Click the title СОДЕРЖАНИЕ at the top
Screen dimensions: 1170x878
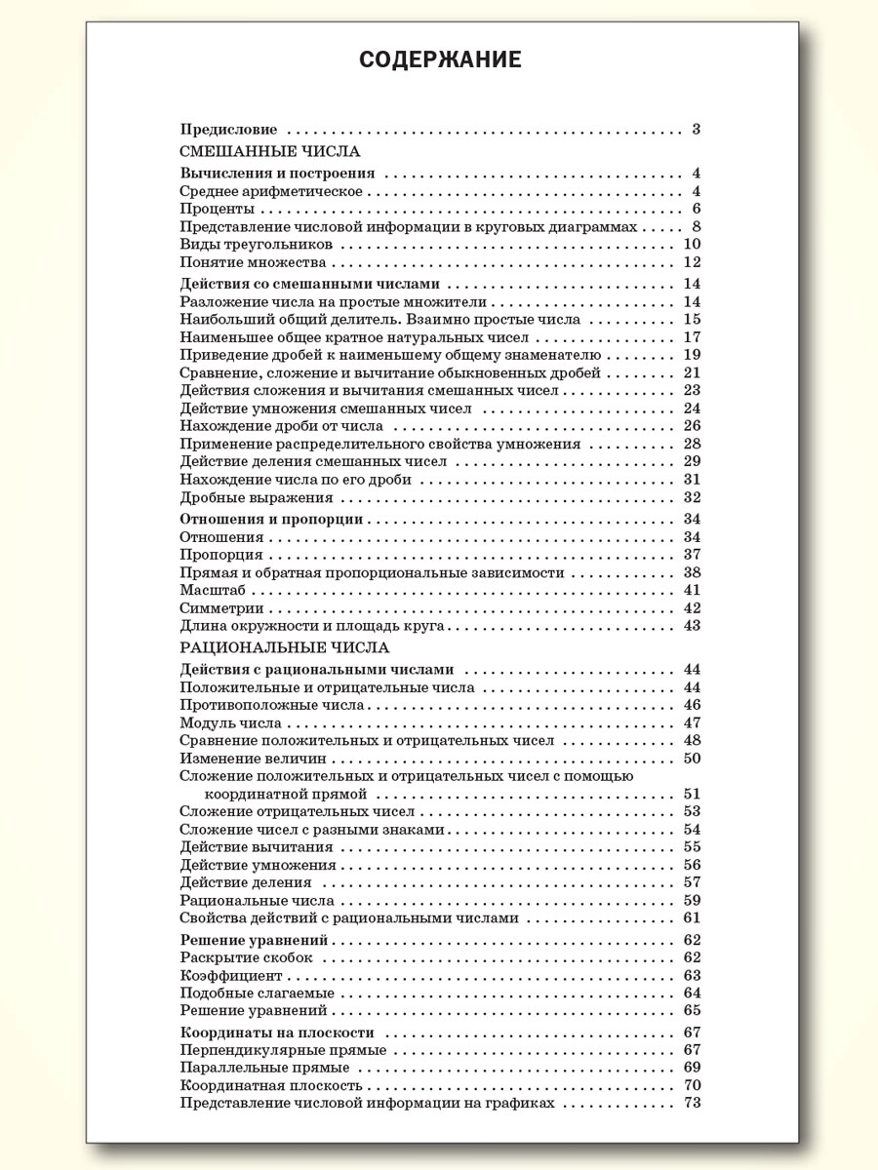439,60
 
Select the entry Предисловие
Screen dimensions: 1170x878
229,129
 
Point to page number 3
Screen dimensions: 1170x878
697,129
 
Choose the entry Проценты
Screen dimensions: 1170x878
218,209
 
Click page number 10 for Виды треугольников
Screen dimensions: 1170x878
693,244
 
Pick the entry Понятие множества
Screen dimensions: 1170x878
253,262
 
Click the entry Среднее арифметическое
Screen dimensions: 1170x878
271,191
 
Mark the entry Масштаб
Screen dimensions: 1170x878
212,590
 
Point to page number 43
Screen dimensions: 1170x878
693,626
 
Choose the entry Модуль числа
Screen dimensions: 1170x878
231,723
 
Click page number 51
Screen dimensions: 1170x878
693,794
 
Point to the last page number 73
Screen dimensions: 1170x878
693,1103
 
